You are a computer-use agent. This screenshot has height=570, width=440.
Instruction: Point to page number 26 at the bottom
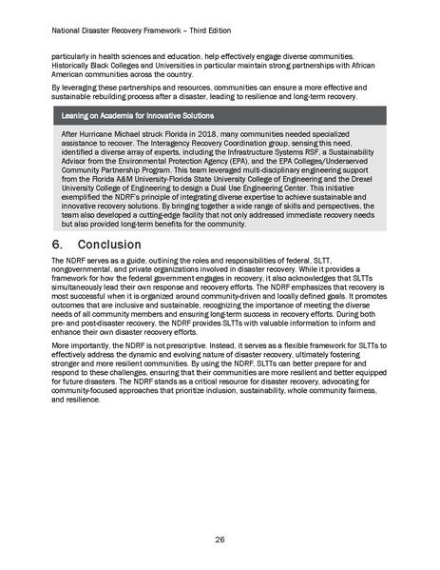click(220, 540)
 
